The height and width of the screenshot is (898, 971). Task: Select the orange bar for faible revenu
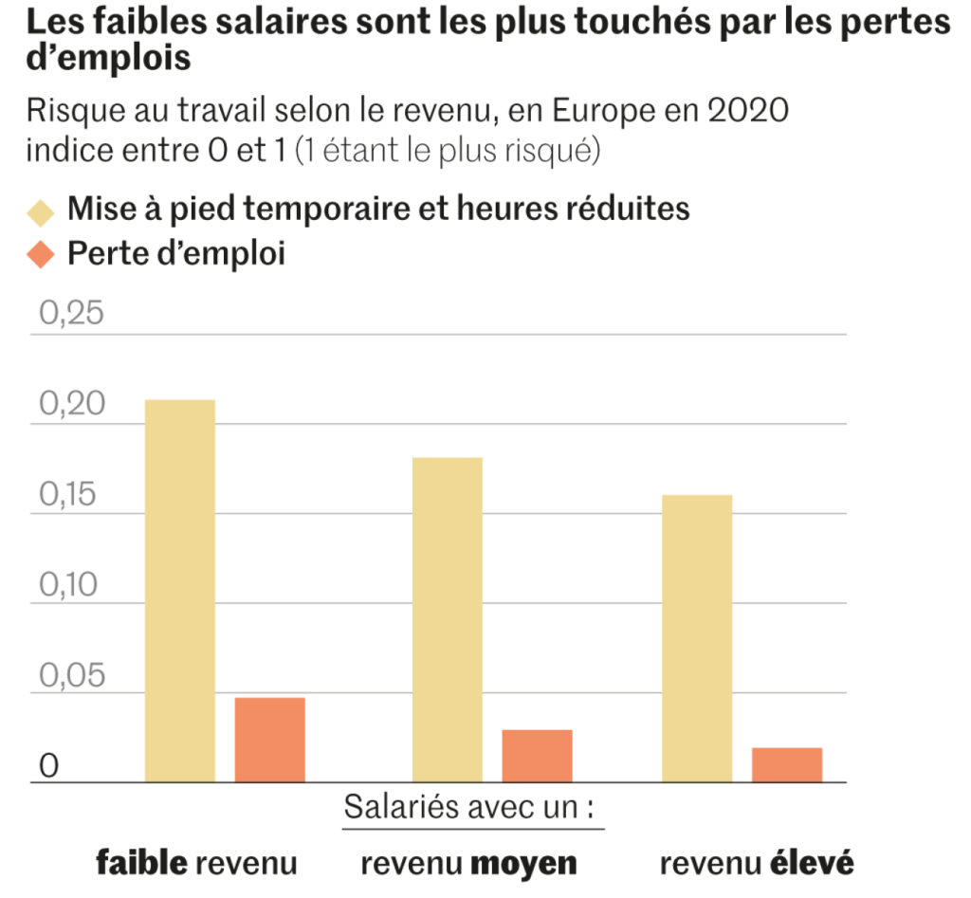coord(270,740)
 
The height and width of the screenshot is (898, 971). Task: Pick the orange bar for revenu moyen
coord(537,756)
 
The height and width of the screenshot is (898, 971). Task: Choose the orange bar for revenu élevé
coord(787,764)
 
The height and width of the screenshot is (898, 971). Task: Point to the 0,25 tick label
coord(71,314)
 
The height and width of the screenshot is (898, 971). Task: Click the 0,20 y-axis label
coord(71,404)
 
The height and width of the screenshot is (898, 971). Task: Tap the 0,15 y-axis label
coord(71,494)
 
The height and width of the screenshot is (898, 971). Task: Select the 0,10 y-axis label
coord(71,584)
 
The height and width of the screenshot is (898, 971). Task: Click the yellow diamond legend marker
coord(41,210)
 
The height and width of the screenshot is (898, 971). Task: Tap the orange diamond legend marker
coord(41,255)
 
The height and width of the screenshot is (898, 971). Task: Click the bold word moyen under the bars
coord(523,864)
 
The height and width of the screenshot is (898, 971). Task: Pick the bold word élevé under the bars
coord(811,863)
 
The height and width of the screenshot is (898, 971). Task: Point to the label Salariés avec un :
coord(473,809)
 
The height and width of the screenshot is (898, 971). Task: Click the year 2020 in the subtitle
coord(749,111)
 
